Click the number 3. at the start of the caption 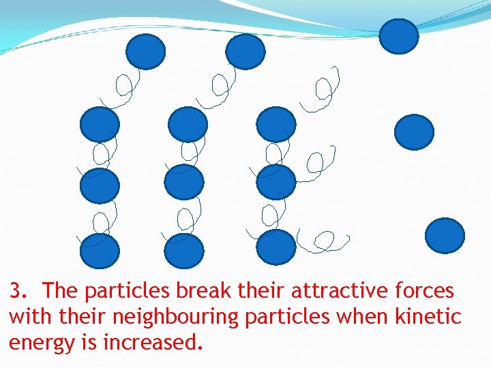18,292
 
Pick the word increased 153,342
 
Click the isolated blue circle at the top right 398,36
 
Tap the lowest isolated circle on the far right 445,236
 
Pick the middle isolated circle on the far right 414,132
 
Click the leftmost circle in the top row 145,52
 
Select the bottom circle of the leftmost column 100,251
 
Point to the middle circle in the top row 245,52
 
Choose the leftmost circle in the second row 100,125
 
